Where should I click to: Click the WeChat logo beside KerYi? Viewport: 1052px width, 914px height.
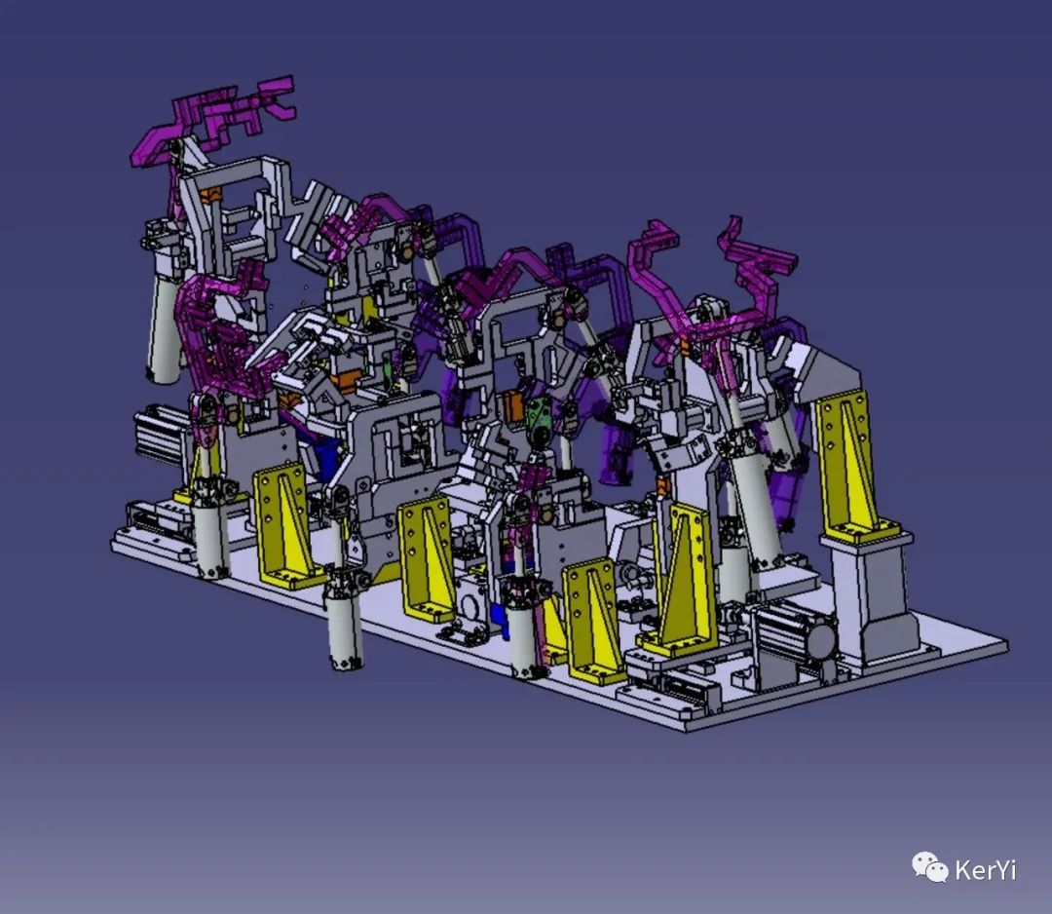coord(929,866)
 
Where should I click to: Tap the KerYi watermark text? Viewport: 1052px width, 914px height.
coord(985,870)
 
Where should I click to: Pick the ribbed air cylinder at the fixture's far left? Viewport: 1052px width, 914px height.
coord(159,436)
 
